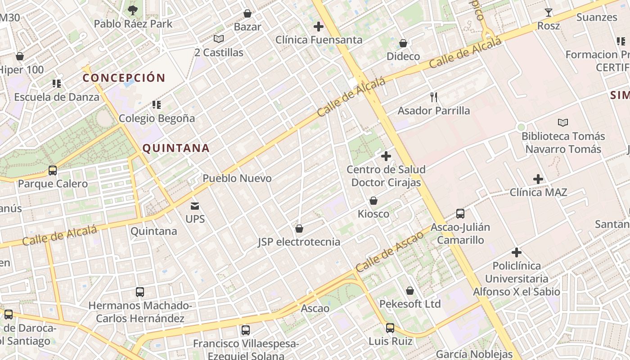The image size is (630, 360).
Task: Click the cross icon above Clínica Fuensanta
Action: coord(319,27)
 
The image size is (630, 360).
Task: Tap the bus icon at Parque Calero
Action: coord(53,171)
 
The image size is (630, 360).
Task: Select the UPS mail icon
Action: coord(195,206)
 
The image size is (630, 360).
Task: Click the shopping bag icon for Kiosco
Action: coord(373,201)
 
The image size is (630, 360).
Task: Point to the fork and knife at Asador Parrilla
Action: coord(434,97)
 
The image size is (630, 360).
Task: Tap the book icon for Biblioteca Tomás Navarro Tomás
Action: coord(563,122)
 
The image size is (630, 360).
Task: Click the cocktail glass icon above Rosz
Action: coord(549,13)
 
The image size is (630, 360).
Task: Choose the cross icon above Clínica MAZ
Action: coord(538,179)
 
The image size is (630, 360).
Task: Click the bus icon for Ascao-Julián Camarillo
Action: coord(460,214)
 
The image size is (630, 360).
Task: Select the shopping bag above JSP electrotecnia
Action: coord(299,229)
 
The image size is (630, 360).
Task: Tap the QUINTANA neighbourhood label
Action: coord(176,148)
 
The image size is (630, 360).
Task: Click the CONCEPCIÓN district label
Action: coord(124,78)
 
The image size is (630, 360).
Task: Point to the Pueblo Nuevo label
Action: coord(237,178)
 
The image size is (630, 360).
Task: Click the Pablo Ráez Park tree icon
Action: coord(133,10)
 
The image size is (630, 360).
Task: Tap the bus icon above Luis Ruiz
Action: coord(390,328)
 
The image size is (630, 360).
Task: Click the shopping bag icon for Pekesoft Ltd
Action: coord(410,291)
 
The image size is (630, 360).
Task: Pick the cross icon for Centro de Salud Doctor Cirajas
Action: coord(386,156)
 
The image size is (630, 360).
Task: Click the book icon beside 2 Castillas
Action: coord(219,39)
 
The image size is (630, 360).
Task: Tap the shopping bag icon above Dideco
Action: coord(403,43)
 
